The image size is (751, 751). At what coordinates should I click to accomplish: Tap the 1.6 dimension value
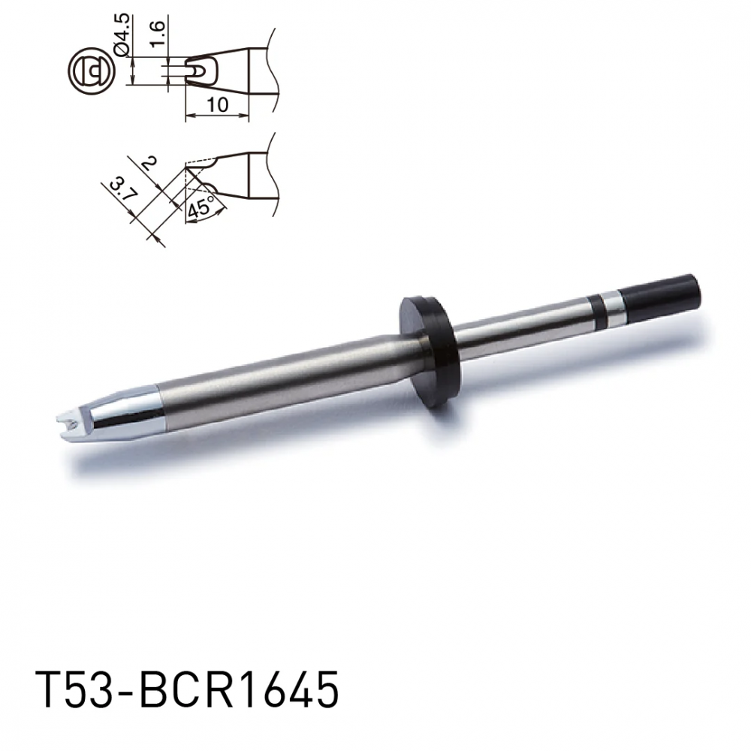tap(157, 33)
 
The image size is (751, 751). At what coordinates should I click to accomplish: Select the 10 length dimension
tap(218, 104)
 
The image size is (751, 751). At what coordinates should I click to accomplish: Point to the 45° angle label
tap(200, 208)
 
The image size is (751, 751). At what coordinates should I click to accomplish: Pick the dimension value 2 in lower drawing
tap(149, 164)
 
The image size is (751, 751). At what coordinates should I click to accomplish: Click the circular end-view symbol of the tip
tap(91, 71)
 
